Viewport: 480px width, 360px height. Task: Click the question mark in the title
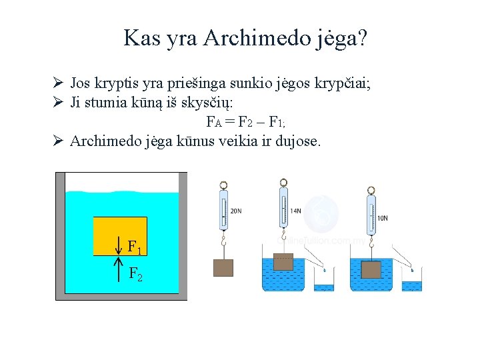click(x=361, y=38)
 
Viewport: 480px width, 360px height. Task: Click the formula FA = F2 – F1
click(x=246, y=122)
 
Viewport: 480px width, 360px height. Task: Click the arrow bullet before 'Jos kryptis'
click(x=58, y=85)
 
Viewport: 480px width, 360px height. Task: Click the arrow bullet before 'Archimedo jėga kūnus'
click(x=58, y=141)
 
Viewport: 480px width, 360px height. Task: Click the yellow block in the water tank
click(x=120, y=235)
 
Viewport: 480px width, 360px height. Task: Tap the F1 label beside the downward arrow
click(x=135, y=248)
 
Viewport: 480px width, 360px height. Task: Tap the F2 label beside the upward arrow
click(x=135, y=273)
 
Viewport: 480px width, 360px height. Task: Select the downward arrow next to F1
click(x=118, y=245)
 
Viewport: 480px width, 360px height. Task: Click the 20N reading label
click(x=236, y=211)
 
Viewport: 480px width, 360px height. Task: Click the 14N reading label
click(x=296, y=211)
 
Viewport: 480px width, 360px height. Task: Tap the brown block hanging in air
click(x=223, y=268)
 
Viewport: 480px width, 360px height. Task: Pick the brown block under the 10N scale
click(x=371, y=270)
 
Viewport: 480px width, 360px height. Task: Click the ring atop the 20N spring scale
click(x=223, y=185)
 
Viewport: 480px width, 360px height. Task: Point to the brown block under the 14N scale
click(x=283, y=261)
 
